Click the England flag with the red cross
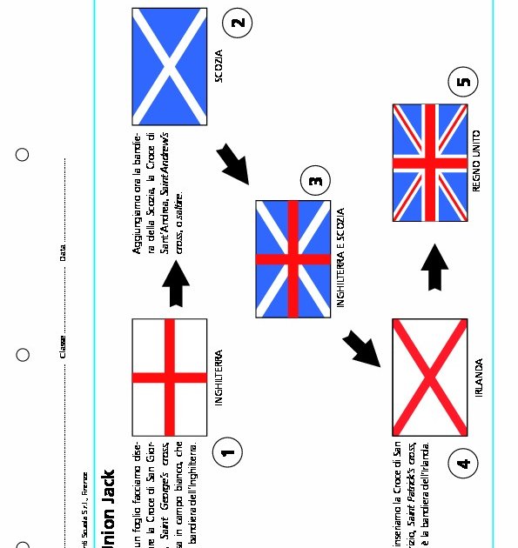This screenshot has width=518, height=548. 170,377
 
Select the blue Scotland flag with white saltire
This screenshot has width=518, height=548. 170,67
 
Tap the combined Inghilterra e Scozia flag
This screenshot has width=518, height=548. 293,259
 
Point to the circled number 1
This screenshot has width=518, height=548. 227,451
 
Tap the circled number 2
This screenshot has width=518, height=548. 238,23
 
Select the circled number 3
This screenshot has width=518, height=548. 315,182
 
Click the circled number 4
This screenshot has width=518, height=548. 463,463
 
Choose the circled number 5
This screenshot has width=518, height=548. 463,83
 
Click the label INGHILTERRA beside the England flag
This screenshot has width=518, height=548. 219,378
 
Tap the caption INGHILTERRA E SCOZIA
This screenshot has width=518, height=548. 340,257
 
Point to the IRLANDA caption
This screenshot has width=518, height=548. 479,378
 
